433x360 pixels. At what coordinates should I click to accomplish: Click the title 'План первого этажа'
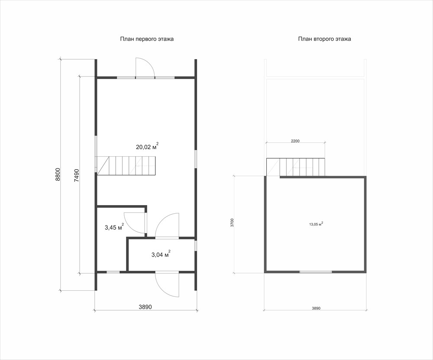(x=147, y=39)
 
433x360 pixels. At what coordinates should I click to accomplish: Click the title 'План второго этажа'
(x=324, y=39)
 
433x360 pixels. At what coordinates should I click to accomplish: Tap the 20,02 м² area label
(x=147, y=146)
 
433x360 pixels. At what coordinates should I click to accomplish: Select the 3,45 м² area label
(x=114, y=227)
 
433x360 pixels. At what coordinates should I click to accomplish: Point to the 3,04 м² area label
(x=161, y=254)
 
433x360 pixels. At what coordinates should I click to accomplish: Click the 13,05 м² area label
(x=316, y=224)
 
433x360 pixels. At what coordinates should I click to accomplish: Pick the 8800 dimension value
(x=58, y=175)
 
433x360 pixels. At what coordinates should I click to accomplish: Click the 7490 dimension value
(x=77, y=175)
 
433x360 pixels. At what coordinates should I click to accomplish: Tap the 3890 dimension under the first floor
(x=145, y=307)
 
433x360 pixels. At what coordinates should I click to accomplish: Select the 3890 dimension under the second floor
(x=316, y=309)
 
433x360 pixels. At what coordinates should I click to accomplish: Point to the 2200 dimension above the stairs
(x=295, y=141)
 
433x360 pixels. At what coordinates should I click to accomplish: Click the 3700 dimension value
(x=232, y=223)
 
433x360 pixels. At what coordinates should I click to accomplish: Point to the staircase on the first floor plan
(x=126, y=165)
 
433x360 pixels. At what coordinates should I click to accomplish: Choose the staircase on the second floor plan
(x=295, y=167)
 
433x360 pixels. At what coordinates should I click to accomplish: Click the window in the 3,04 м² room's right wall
(x=196, y=246)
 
